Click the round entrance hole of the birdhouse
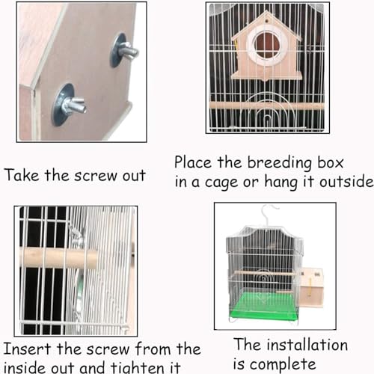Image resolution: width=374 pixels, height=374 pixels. [267, 45]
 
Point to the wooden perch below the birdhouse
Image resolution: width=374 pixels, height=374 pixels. [266, 106]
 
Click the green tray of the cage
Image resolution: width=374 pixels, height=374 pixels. [267, 306]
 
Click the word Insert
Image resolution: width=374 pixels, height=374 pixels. [27, 349]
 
